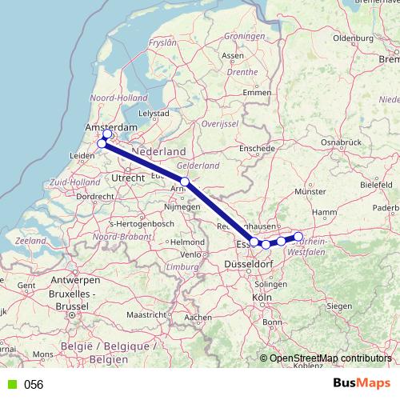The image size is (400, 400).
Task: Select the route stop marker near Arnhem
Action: (x=185, y=182)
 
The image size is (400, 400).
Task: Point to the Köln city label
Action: (x=261, y=298)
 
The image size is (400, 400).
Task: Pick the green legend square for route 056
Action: (x=10, y=385)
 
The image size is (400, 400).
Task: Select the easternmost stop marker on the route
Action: (x=298, y=237)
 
